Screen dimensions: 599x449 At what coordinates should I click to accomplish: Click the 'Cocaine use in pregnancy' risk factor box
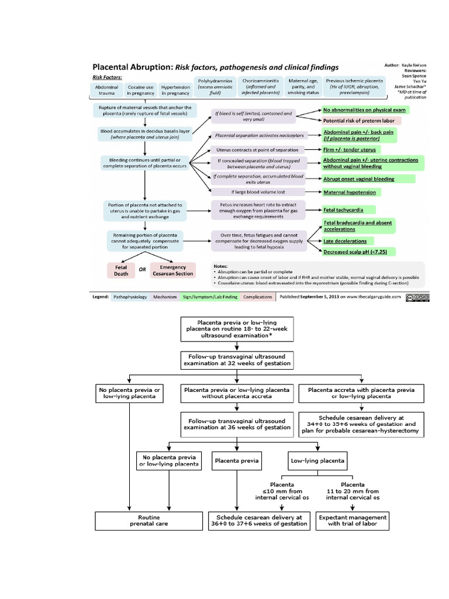point(141,90)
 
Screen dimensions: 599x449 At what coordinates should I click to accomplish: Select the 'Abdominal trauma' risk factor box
point(106,90)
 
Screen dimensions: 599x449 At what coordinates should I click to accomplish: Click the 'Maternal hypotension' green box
point(350,192)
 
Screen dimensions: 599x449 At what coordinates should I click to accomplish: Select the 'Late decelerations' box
point(345,240)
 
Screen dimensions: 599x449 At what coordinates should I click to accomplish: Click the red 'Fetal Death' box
point(120,270)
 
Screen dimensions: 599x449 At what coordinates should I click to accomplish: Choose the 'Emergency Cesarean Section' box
point(172,270)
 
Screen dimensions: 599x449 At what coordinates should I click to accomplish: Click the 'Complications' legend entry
point(257,297)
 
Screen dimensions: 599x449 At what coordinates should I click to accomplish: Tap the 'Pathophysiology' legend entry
point(130,297)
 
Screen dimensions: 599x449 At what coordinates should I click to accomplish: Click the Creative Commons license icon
point(417,297)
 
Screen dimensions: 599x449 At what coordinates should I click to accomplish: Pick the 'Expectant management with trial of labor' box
point(353,520)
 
